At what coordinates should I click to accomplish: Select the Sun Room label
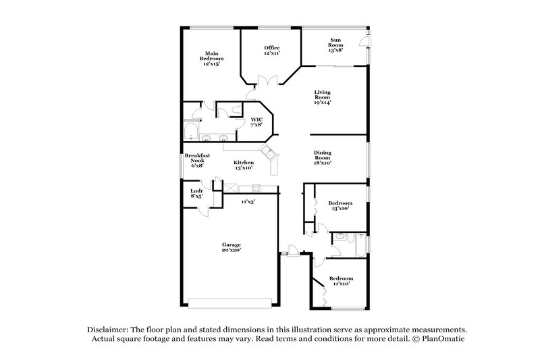[335, 45]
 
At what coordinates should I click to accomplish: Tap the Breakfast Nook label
[197, 160]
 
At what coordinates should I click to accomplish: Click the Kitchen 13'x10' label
[244, 165]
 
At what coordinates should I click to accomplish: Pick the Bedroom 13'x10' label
[340, 206]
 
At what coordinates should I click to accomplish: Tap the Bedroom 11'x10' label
[340, 281]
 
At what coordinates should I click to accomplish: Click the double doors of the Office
[269, 82]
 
